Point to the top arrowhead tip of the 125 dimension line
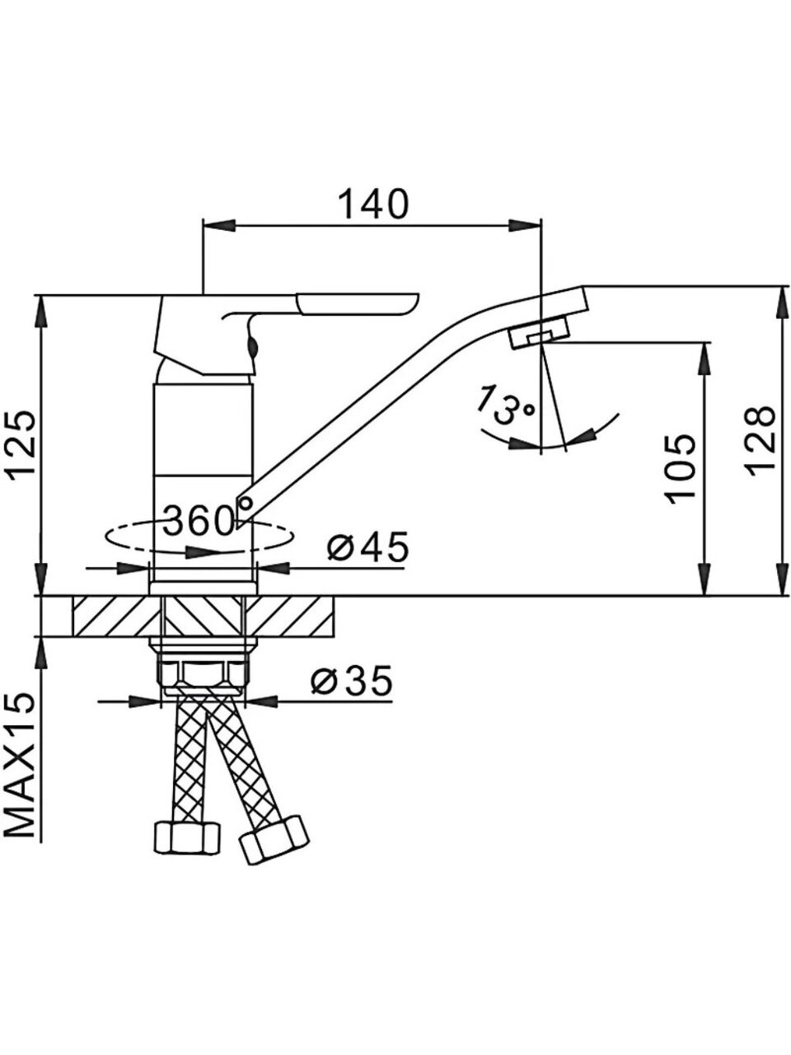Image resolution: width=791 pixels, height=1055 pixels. point(42,294)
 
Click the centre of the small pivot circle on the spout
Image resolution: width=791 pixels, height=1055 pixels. point(245,504)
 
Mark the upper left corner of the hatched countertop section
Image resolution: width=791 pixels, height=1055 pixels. point(73,598)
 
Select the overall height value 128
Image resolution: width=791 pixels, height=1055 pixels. point(761,442)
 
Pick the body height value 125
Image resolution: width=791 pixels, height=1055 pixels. point(21,442)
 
